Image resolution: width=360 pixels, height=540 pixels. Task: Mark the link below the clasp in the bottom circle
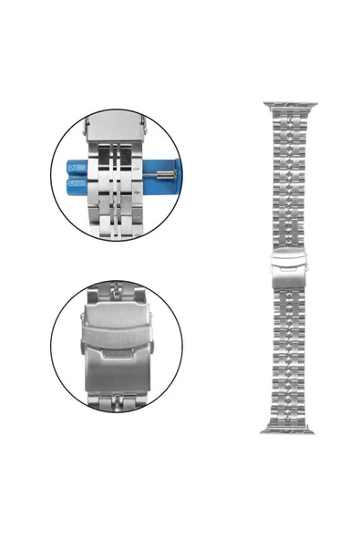tap(117, 401)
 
